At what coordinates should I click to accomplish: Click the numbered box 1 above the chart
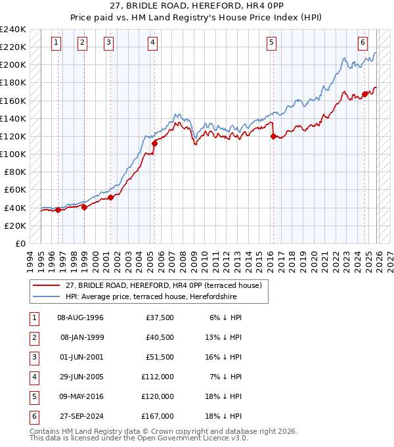[x=56, y=43]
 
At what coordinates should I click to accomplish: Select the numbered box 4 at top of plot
[x=152, y=43]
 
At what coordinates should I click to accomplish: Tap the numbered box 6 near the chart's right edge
[x=362, y=43]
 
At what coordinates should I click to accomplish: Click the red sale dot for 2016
[x=273, y=136]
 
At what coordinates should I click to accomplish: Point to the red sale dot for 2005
[x=154, y=143]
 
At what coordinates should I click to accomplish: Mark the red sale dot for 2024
[x=364, y=94]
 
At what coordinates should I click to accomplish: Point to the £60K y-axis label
[x=15, y=190]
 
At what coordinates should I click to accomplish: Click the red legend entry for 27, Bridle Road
[x=164, y=285]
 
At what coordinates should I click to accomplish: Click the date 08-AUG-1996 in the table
[x=81, y=318]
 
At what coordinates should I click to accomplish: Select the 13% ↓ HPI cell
[x=223, y=337]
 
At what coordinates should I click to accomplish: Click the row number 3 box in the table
[x=33, y=357]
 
